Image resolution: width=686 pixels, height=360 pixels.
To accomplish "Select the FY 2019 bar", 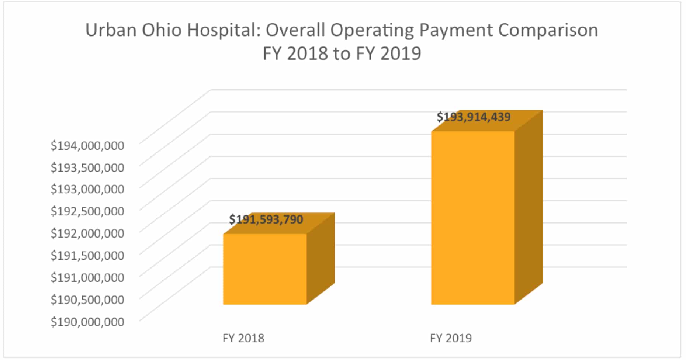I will click(473, 218).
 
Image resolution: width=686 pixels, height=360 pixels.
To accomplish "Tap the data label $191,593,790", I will click(266, 220).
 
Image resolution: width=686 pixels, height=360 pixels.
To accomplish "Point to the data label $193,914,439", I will click(474, 117).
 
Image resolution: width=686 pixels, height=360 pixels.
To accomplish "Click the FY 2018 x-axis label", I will click(243, 338).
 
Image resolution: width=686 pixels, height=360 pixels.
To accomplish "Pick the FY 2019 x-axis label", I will click(451, 338).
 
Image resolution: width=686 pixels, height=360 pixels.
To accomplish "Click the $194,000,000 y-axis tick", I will click(87, 146).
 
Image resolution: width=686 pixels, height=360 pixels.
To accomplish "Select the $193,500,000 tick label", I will click(87, 168).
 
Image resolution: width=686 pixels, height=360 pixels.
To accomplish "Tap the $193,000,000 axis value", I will click(87, 189).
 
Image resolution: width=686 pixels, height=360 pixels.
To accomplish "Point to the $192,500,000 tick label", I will click(87, 211).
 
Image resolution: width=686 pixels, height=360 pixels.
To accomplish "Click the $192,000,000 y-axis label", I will click(87, 233).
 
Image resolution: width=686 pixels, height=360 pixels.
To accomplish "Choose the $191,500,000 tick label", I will click(87, 255).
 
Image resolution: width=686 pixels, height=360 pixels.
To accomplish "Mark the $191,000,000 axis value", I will click(87, 277).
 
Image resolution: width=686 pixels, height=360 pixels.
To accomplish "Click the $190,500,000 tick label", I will click(87, 300).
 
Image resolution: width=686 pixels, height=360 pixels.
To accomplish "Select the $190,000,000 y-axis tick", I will click(87, 322).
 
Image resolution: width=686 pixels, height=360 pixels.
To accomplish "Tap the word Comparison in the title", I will click(548, 30).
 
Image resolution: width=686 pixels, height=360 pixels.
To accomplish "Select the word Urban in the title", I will click(111, 30).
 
